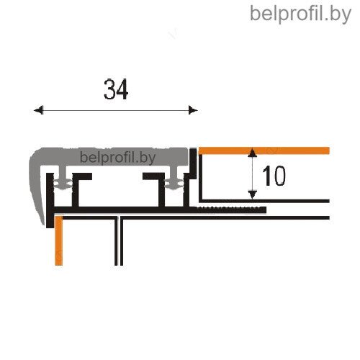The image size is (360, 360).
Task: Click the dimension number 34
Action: click(x=116, y=89)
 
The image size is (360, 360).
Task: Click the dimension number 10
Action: click(x=274, y=176)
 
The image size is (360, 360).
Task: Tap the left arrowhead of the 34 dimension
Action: click(x=38, y=110)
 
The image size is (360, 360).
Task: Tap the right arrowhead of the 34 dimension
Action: click(x=193, y=110)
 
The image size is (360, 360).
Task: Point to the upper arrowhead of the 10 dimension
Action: click(x=252, y=153)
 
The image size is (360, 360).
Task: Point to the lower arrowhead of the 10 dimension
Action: click(x=252, y=194)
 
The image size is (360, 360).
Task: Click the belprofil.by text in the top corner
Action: click(x=300, y=14)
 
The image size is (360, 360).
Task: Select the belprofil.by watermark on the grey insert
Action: click(x=117, y=158)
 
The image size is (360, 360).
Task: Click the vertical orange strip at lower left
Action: click(x=59, y=240)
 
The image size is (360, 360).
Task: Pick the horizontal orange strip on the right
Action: click(x=264, y=150)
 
